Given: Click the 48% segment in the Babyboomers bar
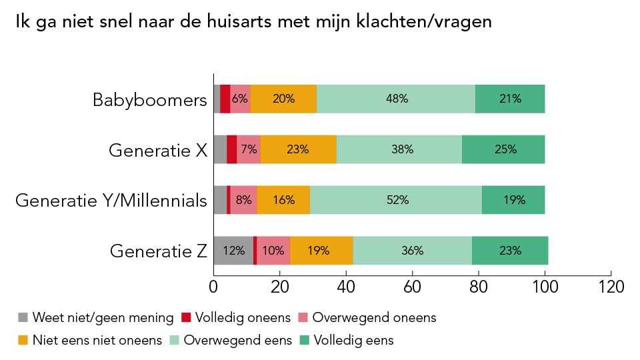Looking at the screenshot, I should [x=397, y=99].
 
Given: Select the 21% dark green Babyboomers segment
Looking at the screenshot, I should [x=510, y=99].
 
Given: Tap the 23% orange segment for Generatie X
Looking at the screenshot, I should [x=297, y=149].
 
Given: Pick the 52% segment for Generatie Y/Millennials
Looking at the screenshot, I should [x=397, y=200].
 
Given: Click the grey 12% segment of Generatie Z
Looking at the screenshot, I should [x=233, y=251].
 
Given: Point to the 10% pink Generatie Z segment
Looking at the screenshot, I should [x=273, y=251].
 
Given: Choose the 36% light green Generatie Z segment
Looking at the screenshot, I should [x=412, y=251].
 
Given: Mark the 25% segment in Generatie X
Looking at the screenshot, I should [x=505, y=149].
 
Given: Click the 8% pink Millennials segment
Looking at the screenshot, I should [x=244, y=200].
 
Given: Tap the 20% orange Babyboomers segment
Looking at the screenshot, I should [x=283, y=99].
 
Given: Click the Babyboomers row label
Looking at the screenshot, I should [x=150, y=101].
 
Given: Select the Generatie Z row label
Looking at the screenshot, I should [x=158, y=251].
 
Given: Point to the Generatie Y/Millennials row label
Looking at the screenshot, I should [x=111, y=201].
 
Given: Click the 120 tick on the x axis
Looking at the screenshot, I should [x=611, y=287].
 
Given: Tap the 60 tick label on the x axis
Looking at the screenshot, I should [x=412, y=287].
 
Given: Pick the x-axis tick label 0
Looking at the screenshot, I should [x=213, y=287].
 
